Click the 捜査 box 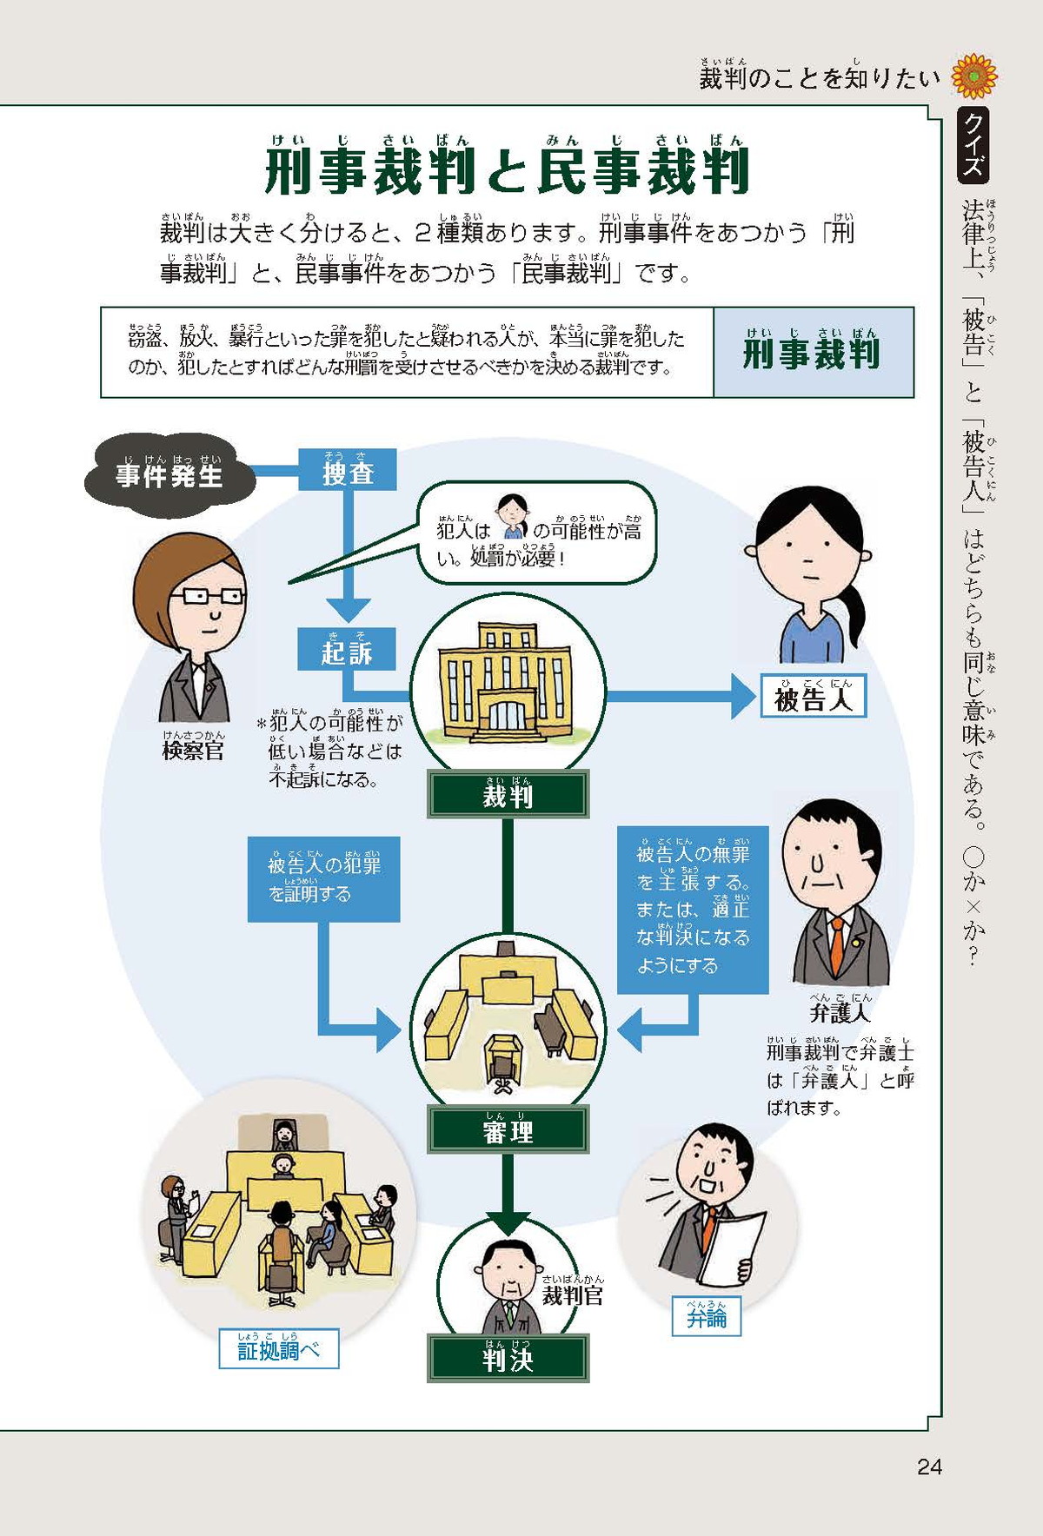pyautogui.click(x=348, y=470)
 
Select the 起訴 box pyautogui.click(x=346, y=649)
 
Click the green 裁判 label pyautogui.click(x=508, y=794)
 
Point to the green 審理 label pyautogui.click(x=508, y=1129)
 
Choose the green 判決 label pyautogui.click(x=508, y=1358)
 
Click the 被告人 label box pyautogui.click(x=813, y=697)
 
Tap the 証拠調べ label pyautogui.click(x=278, y=1348)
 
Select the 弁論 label pyautogui.click(x=706, y=1316)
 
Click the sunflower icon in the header pyautogui.click(x=974, y=76)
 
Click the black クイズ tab pyautogui.click(x=973, y=145)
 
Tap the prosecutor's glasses pyautogui.click(x=209, y=596)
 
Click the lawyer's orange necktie pyautogui.click(x=836, y=948)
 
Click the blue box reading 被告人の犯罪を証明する pyautogui.click(x=323, y=878)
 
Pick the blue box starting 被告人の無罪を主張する pyautogui.click(x=693, y=909)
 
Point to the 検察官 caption pyautogui.click(x=193, y=749)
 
